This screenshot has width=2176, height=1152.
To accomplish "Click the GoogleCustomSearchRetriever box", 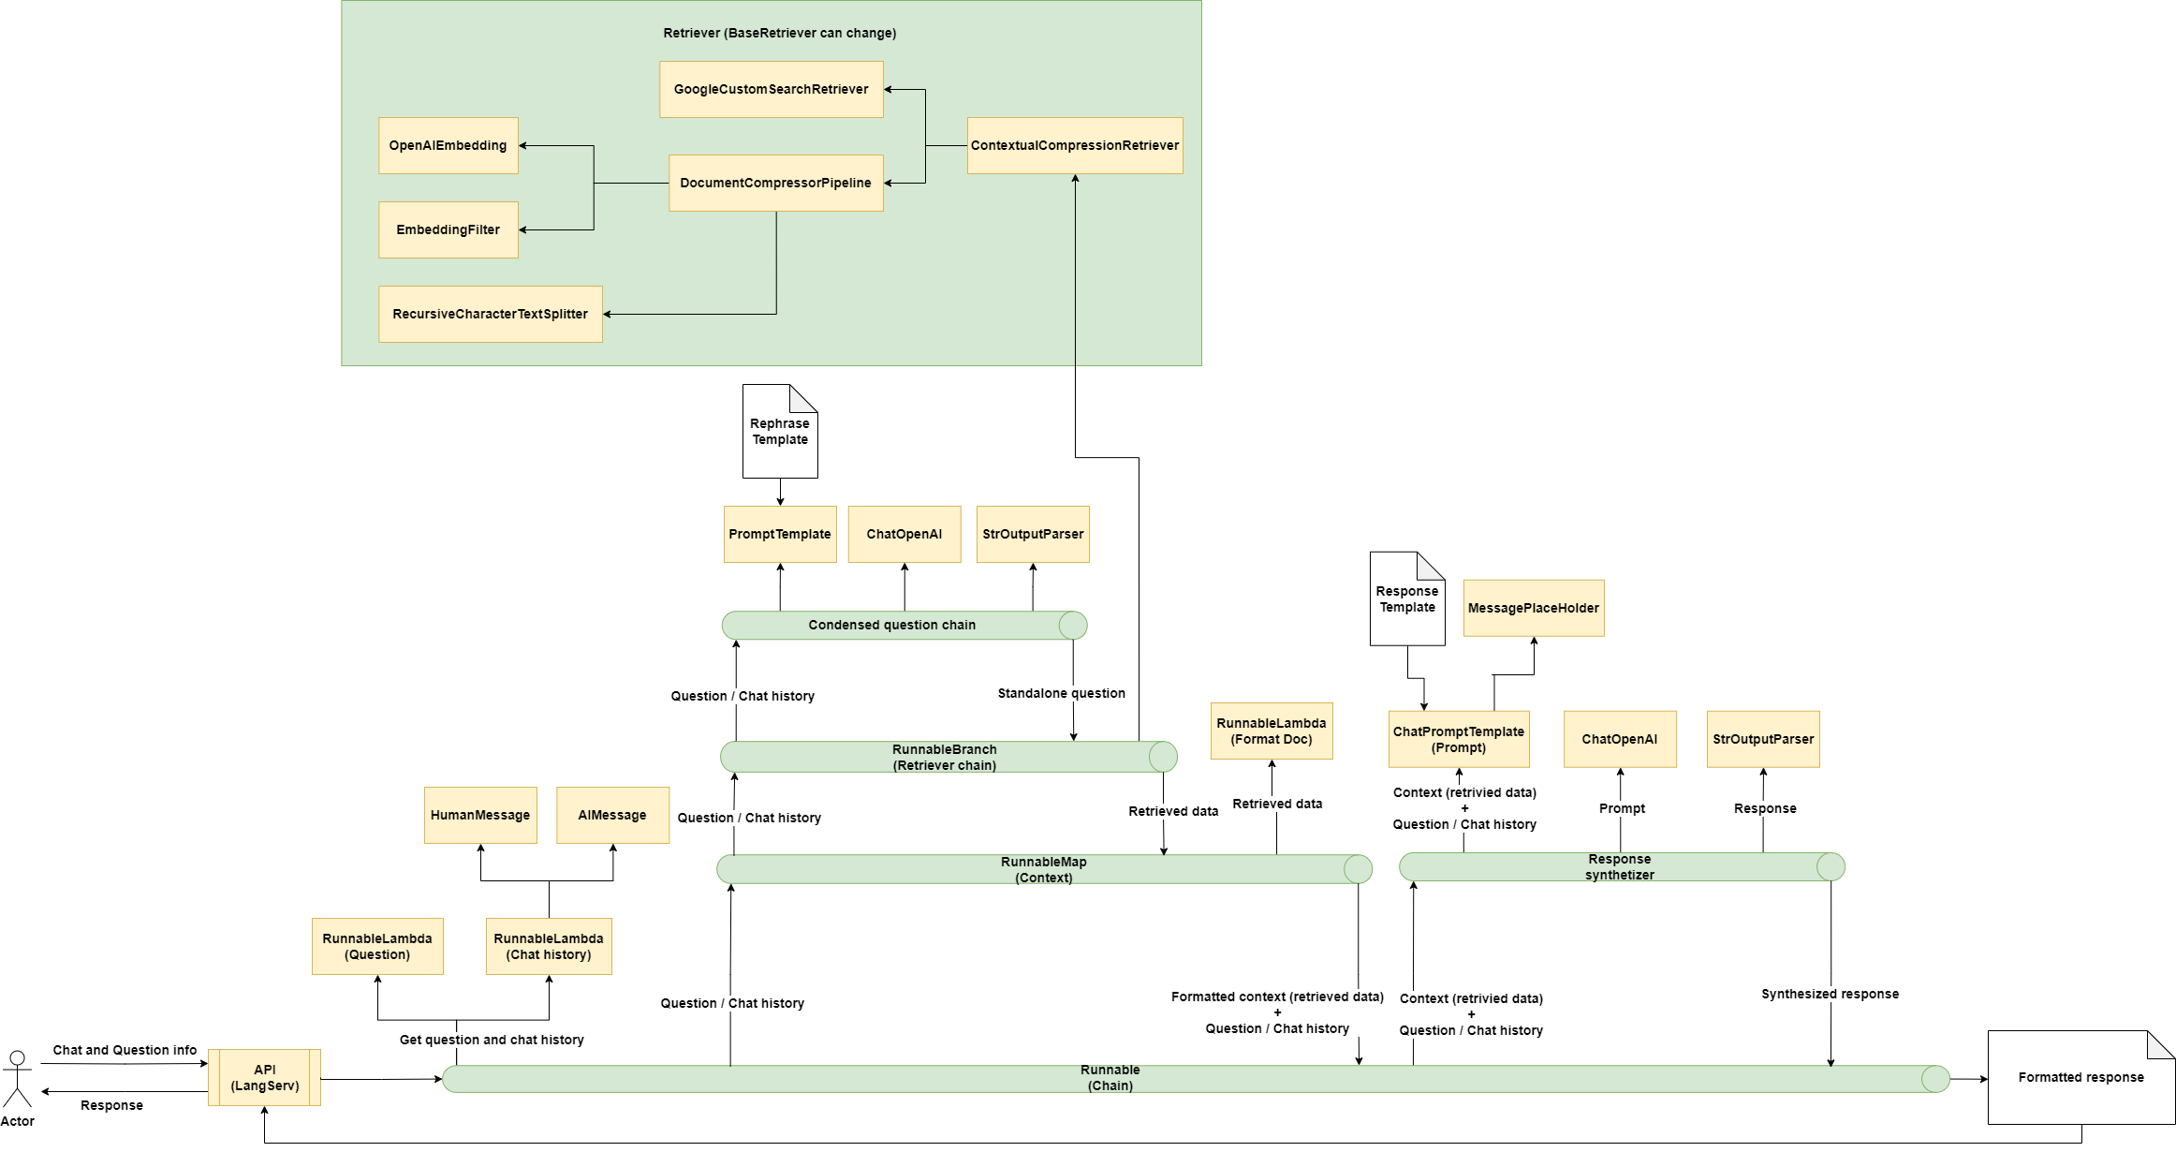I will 771,89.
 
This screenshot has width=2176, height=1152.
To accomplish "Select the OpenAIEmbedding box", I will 448,145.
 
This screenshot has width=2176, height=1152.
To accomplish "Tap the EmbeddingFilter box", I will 448,229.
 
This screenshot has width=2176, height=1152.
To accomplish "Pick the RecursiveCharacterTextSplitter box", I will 490,314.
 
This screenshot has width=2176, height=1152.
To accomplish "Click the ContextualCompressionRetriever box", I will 1074,145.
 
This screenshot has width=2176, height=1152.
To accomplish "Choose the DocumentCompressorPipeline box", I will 775,183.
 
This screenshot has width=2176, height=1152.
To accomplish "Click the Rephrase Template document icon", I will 779,432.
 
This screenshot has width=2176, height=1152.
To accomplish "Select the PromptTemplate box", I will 779,534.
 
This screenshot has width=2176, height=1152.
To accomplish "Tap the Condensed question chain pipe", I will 891,625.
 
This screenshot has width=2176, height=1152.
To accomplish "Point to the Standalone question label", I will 1061,693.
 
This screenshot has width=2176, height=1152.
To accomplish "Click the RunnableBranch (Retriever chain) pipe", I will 944,757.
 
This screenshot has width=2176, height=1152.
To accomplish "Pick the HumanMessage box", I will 479,815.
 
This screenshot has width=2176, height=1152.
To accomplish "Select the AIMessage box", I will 612,815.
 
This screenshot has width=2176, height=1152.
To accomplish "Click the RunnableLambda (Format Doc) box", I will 1271,731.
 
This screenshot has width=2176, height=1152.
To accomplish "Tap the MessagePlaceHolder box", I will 1533,608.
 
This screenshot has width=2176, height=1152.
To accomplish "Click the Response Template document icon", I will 1406,599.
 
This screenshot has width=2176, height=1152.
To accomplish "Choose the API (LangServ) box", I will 264,1077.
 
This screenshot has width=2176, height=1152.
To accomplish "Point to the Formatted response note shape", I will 2080,1077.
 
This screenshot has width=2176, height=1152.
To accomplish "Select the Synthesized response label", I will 1830,994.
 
